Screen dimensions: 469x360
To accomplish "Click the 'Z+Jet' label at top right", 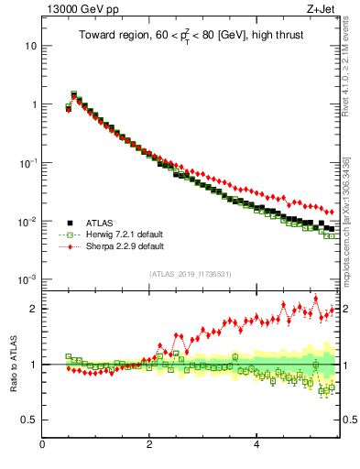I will [x=322, y=10].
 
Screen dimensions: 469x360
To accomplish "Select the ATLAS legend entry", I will [x=99, y=222].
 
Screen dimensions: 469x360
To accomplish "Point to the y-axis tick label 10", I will [x=29, y=46].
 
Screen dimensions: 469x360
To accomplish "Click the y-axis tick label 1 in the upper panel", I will [x=33, y=104].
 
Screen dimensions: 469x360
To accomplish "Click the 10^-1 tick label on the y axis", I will [x=27, y=162].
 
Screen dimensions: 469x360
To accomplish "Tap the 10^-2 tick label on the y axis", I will [x=27, y=221].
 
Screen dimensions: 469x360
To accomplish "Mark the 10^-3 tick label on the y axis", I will [x=27, y=279].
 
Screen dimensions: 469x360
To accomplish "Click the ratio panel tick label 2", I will [x=33, y=309].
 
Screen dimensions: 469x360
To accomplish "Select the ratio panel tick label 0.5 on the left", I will [x=28, y=420].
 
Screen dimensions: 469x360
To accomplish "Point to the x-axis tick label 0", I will [x=42, y=446].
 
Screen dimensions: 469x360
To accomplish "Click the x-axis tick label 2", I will [x=148, y=446].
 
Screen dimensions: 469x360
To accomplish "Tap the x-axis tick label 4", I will [x=256, y=446].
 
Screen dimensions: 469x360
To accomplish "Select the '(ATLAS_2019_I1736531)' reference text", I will [x=190, y=274].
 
